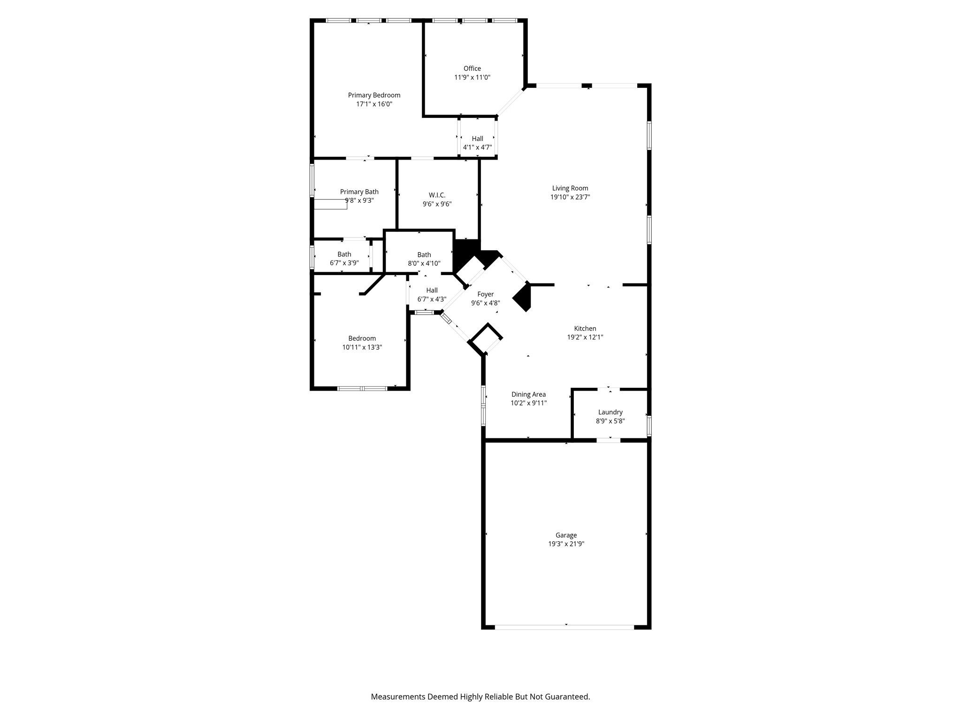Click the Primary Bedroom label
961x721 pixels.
pos(374,95)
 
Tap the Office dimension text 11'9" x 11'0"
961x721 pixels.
pos(472,77)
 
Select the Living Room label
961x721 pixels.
pos(570,188)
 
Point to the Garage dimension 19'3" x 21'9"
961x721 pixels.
pos(566,544)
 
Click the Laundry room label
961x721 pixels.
pos(610,412)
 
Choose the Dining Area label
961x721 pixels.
pos(528,394)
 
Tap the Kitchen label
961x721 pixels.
pos(585,329)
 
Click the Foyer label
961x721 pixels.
pos(486,294)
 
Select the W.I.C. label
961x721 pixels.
pos(437,195)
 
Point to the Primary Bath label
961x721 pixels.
pos(359,192)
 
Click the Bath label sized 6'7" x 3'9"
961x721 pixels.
pos(344,254)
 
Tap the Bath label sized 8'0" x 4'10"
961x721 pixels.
pos(424,255)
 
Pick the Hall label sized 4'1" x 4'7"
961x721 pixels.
pos(478,138)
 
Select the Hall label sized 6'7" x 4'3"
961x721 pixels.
pos(432,290)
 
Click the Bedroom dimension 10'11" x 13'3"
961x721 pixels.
pos(362,347)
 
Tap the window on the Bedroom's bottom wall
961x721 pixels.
pos(362,388)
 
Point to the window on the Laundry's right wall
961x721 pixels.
pos(649,426)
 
